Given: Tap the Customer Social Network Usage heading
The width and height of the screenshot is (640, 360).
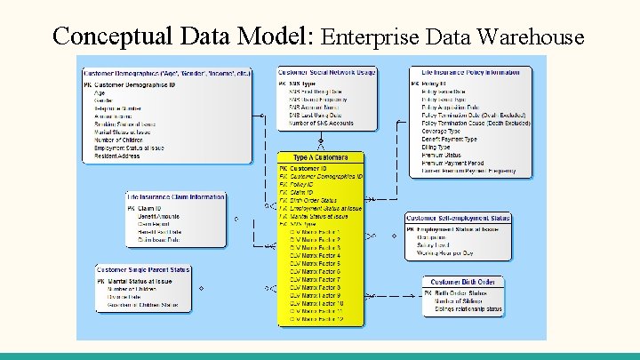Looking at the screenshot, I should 326,71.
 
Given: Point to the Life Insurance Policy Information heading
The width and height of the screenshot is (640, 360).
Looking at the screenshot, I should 469,71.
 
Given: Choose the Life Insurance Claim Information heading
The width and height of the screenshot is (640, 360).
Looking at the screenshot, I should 175,196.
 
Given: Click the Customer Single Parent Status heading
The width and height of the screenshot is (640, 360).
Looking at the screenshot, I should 143,269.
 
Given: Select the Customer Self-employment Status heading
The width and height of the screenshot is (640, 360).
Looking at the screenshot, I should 459,218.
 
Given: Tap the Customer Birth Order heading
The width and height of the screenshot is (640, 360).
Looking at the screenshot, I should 462,282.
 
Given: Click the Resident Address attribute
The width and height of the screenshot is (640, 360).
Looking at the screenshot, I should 117,156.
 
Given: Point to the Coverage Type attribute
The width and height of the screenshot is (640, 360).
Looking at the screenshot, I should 441,131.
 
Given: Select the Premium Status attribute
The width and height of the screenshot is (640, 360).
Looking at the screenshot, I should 442,155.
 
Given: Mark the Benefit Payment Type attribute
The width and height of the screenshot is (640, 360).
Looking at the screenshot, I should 450,139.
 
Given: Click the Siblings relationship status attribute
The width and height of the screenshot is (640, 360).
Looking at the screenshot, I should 468,309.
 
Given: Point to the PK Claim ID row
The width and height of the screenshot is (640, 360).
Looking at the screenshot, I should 143,208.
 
